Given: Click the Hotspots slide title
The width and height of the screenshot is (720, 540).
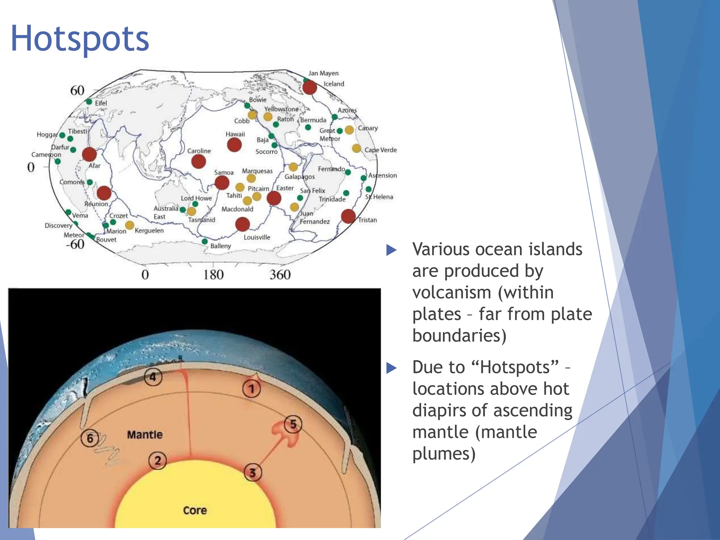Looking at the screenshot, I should pos(80,39).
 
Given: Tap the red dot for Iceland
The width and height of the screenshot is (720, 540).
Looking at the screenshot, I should pos(309,87).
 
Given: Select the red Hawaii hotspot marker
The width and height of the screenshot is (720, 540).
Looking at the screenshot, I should pos(234,144).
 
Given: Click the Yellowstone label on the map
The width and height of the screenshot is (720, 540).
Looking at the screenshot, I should pos(281,109).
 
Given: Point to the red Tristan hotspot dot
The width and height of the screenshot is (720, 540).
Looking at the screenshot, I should pos(348,216).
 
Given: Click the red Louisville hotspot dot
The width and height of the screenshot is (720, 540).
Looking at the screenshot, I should pos(242,224).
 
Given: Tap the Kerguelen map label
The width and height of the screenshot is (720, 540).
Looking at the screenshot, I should pos(149,231).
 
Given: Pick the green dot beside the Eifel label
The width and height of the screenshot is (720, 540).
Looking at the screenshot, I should pos(89,102).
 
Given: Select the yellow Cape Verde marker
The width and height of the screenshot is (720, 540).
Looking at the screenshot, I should pos(356,148).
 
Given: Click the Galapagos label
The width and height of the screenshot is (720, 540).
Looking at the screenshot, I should pos(300,177).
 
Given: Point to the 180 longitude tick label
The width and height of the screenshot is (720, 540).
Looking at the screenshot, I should pos(213,275).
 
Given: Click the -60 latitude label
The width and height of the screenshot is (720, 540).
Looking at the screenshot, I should pos(75,244).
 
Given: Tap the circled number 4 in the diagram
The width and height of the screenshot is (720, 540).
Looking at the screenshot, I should pos(153,377).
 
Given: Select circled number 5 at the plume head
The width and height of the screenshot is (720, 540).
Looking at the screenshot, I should pos(293,424).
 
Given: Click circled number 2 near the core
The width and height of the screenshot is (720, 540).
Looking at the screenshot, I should pos(157,460).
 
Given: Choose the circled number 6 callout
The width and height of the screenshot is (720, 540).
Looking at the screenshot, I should pos(90,438).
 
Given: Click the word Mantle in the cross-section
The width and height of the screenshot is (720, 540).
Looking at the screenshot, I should pos(144,435).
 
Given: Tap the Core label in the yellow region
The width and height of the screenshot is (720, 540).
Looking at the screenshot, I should pos(195,510).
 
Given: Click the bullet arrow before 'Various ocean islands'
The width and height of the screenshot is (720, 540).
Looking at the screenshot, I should pos(391,250).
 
